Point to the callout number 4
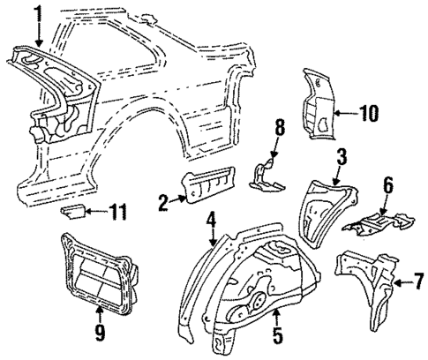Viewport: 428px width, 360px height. point(211,220)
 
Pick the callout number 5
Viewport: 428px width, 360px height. point(277,336)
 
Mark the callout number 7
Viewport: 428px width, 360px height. point(419,281)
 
